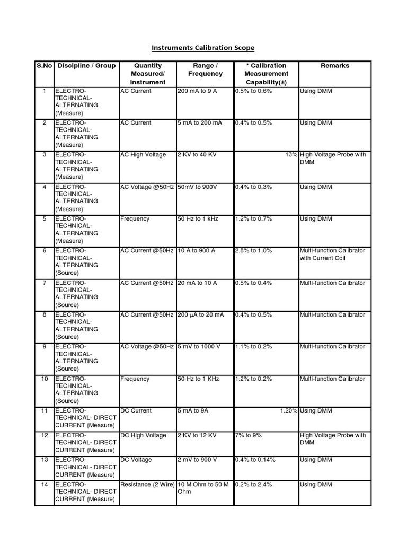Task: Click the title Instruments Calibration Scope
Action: coord(203,48)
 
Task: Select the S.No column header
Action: coord(44,66)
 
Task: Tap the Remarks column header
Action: coord(335,66)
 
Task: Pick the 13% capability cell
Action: coord(291,155)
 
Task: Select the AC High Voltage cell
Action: coord(143,155)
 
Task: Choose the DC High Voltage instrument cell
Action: coord(143,436)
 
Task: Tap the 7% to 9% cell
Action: coord(249,436)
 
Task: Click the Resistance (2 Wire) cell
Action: coord(147,485)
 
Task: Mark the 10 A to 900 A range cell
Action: coord(197,251)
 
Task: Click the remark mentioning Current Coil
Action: coord(332,255)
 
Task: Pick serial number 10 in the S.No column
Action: coord(44,379)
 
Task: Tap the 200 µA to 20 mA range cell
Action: coord(201,315)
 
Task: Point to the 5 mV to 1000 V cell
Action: coord(199,347)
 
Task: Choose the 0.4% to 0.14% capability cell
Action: coord(255,460)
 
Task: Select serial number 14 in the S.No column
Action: coord(44,485)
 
